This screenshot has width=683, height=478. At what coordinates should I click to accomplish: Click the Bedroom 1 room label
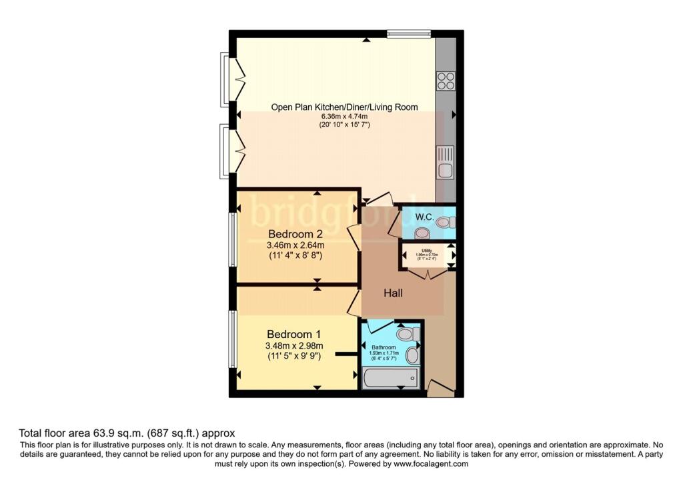click(294, 334)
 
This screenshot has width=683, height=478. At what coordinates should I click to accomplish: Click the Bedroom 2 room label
click(295, 234)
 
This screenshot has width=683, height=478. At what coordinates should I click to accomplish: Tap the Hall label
click(393, 293)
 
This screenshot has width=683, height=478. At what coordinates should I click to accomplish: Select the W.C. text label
click(425, 217)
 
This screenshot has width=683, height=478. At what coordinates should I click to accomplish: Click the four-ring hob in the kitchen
click(446, 81)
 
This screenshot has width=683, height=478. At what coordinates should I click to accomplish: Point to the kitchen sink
click(446, 163)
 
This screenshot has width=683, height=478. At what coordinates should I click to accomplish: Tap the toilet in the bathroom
click(405, 333)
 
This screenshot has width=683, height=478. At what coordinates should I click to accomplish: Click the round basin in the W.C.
click(421, 233)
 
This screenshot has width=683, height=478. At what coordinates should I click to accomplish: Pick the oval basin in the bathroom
click(412, 355)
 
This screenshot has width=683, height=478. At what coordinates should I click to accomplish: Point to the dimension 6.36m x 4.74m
click(344, 115)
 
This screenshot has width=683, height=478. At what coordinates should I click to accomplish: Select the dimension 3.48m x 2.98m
click(294, 345)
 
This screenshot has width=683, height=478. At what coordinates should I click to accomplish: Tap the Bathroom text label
click(384, 347)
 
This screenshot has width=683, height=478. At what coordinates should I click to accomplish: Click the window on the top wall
click(409, 33)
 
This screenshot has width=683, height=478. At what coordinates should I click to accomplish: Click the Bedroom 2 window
click(233, 239)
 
